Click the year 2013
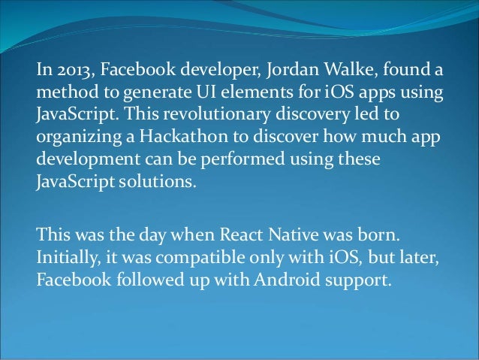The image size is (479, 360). coord(71,73)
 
